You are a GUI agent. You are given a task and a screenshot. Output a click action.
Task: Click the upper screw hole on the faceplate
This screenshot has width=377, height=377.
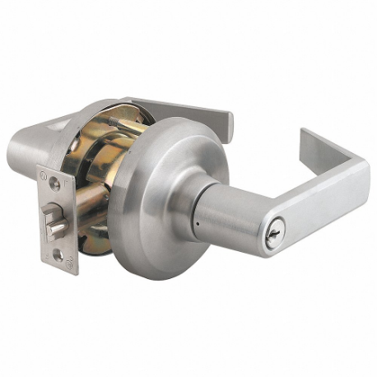coord(54,184)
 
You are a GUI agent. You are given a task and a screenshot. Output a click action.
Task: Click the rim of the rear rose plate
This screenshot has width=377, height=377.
coord(91,119)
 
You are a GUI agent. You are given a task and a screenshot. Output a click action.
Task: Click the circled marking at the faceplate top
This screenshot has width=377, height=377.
coord(45,175)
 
